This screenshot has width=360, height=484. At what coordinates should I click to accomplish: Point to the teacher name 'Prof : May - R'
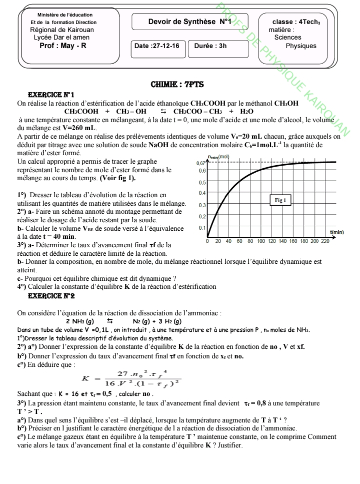63,46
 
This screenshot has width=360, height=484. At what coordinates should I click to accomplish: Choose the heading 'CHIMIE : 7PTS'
177,85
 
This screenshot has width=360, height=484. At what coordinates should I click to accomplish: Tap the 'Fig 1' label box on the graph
280,200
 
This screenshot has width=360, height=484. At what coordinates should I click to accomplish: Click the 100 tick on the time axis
261,241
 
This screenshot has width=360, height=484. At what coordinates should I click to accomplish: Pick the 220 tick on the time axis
325,241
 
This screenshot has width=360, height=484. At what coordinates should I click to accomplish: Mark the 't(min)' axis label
337,232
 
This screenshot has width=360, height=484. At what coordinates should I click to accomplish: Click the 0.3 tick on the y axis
202,205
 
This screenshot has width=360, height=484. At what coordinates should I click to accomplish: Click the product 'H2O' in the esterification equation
247,112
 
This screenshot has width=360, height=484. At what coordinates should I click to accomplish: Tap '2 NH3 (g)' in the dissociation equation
80,321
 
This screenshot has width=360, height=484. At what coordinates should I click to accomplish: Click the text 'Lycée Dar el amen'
61,38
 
